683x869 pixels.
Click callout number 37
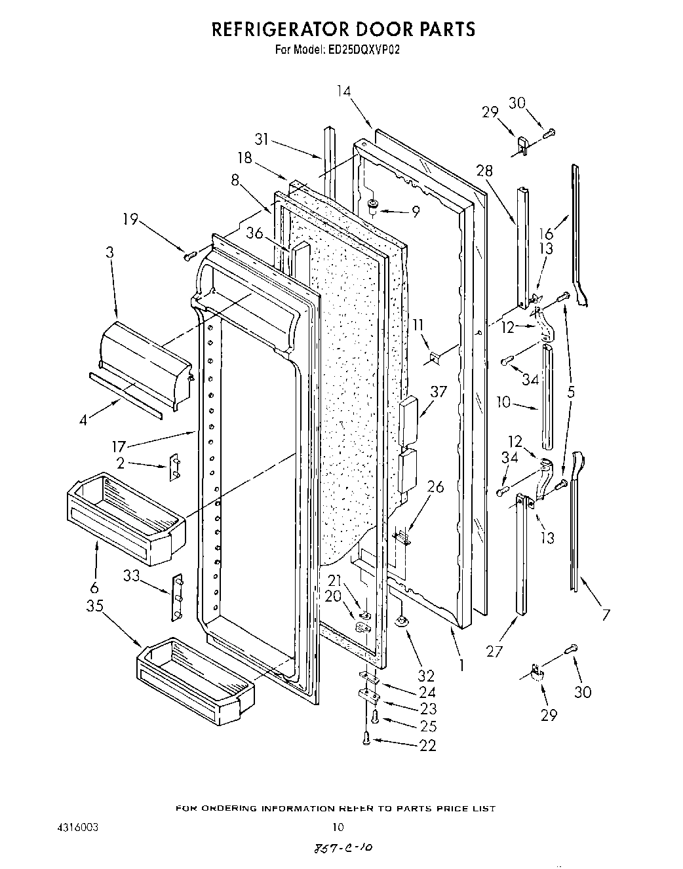coord(438,392)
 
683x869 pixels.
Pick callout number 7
coord(605,614)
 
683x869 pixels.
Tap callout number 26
coord(435,486)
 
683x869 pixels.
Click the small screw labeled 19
coord(191,254)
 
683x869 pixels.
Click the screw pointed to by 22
coord(366,739)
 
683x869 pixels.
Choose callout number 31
coord(263,139)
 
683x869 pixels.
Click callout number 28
coord(484,171)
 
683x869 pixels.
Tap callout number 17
coord(119,448)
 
